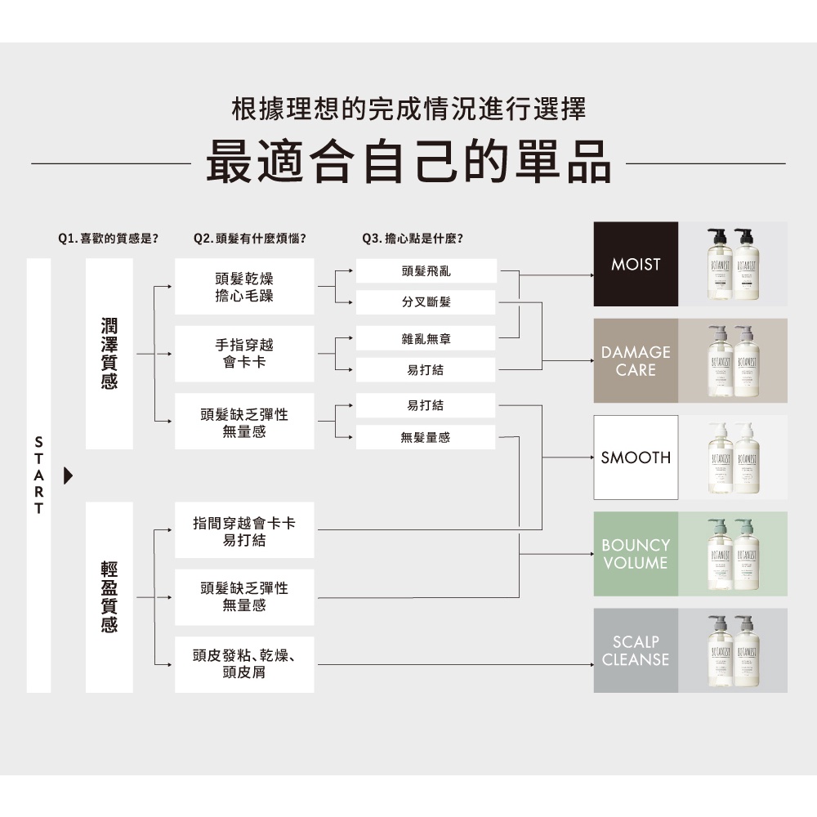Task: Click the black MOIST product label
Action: tap(636, 264)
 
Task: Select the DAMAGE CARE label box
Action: tap(636, 360)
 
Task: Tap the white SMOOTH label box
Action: tap(636, 458)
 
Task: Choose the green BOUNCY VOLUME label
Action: tap(636, 554)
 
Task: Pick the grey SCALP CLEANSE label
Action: tap(636, 650)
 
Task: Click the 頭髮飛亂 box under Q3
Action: tap(426, 270)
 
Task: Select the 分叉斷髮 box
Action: tap(426, 302)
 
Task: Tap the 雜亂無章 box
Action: tap(426, 337)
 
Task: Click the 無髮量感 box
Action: tap(426, 438)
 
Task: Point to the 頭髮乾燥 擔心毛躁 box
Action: tap(244, 287)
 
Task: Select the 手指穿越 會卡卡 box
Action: tap(244, 354)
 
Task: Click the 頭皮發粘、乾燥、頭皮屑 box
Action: tap(244, 664)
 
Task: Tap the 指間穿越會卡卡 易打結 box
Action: tap(244, 531)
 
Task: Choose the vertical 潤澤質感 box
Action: tap(109, 354)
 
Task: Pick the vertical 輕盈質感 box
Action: tap(109, 597)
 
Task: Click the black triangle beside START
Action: tap(69, 475)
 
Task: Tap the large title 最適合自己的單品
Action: tap(408, 161)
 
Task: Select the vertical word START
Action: tap(38, 475)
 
